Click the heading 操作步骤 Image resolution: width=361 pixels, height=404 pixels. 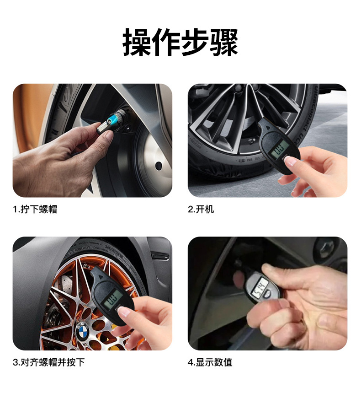180,43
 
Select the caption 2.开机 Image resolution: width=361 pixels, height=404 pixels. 201,210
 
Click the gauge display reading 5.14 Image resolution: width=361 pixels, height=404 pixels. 259,289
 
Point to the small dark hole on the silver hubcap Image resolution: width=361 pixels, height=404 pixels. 159,166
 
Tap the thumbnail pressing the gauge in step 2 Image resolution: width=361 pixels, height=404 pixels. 292,161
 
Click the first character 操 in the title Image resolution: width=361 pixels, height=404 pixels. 137,43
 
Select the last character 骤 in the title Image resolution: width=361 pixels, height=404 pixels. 223,43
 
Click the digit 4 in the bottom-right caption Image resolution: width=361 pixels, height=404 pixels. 191,362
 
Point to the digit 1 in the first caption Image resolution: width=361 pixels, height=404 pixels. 15,210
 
